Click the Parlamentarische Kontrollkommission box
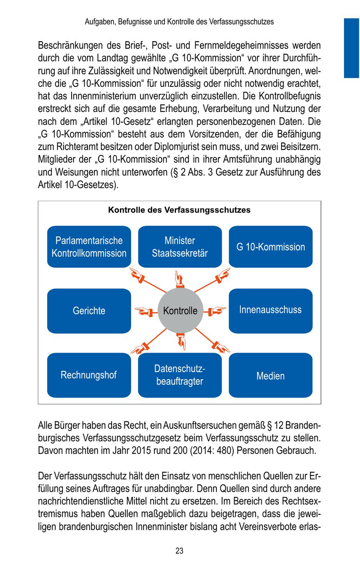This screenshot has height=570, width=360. pos(89,247)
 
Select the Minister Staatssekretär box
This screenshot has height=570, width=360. pos(180,247)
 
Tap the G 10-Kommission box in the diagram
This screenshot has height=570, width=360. pos(270,247)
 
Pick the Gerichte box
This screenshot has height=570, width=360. pos(89,311)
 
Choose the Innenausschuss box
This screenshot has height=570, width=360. pos(270,310)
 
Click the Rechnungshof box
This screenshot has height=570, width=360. pos(89,375)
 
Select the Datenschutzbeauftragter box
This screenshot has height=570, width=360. pos(180,375)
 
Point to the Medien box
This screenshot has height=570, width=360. pos(270,376)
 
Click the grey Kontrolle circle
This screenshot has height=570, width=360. pos(180,311)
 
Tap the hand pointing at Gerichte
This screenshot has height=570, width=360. pos(143,311)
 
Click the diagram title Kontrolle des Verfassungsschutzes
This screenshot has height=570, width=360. pos(179,210)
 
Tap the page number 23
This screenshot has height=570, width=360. pos(179,551)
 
